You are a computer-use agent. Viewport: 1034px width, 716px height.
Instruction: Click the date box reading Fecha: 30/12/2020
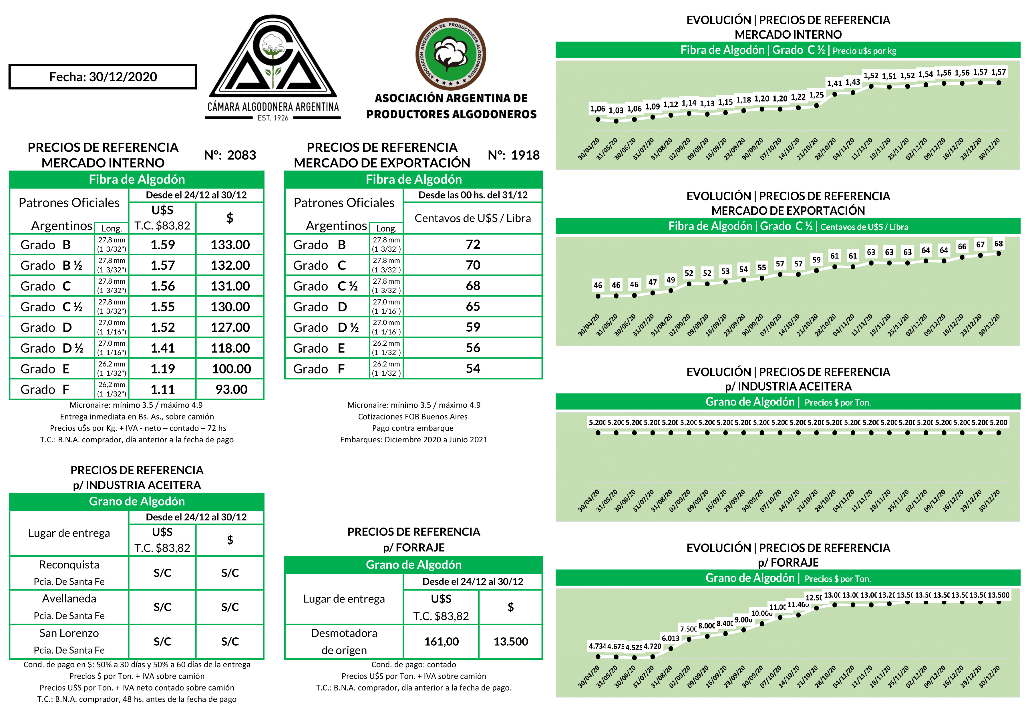(x=103, y=77)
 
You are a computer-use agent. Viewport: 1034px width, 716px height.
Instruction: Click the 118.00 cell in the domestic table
(x=230, y=348)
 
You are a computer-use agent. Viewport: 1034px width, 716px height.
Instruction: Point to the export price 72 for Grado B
(x=473, y=244)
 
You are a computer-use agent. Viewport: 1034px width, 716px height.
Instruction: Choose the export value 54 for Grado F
(x=473, y=369)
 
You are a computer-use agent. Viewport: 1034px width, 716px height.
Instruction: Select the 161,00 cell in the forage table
(x=442, y=642)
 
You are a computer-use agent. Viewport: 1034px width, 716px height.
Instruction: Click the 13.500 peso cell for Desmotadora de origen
(x=510, y=642)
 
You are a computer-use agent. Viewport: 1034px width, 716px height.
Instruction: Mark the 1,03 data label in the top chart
(x=616, y=110)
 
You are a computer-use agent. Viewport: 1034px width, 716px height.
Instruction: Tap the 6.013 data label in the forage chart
(x=670, y=638)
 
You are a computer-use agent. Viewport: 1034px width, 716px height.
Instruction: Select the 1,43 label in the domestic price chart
(x=853, y=82)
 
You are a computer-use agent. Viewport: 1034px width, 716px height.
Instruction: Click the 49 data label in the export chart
(x=670, y=280)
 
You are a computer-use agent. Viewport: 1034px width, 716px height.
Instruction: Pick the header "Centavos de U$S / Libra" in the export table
(x=472, y=218)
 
